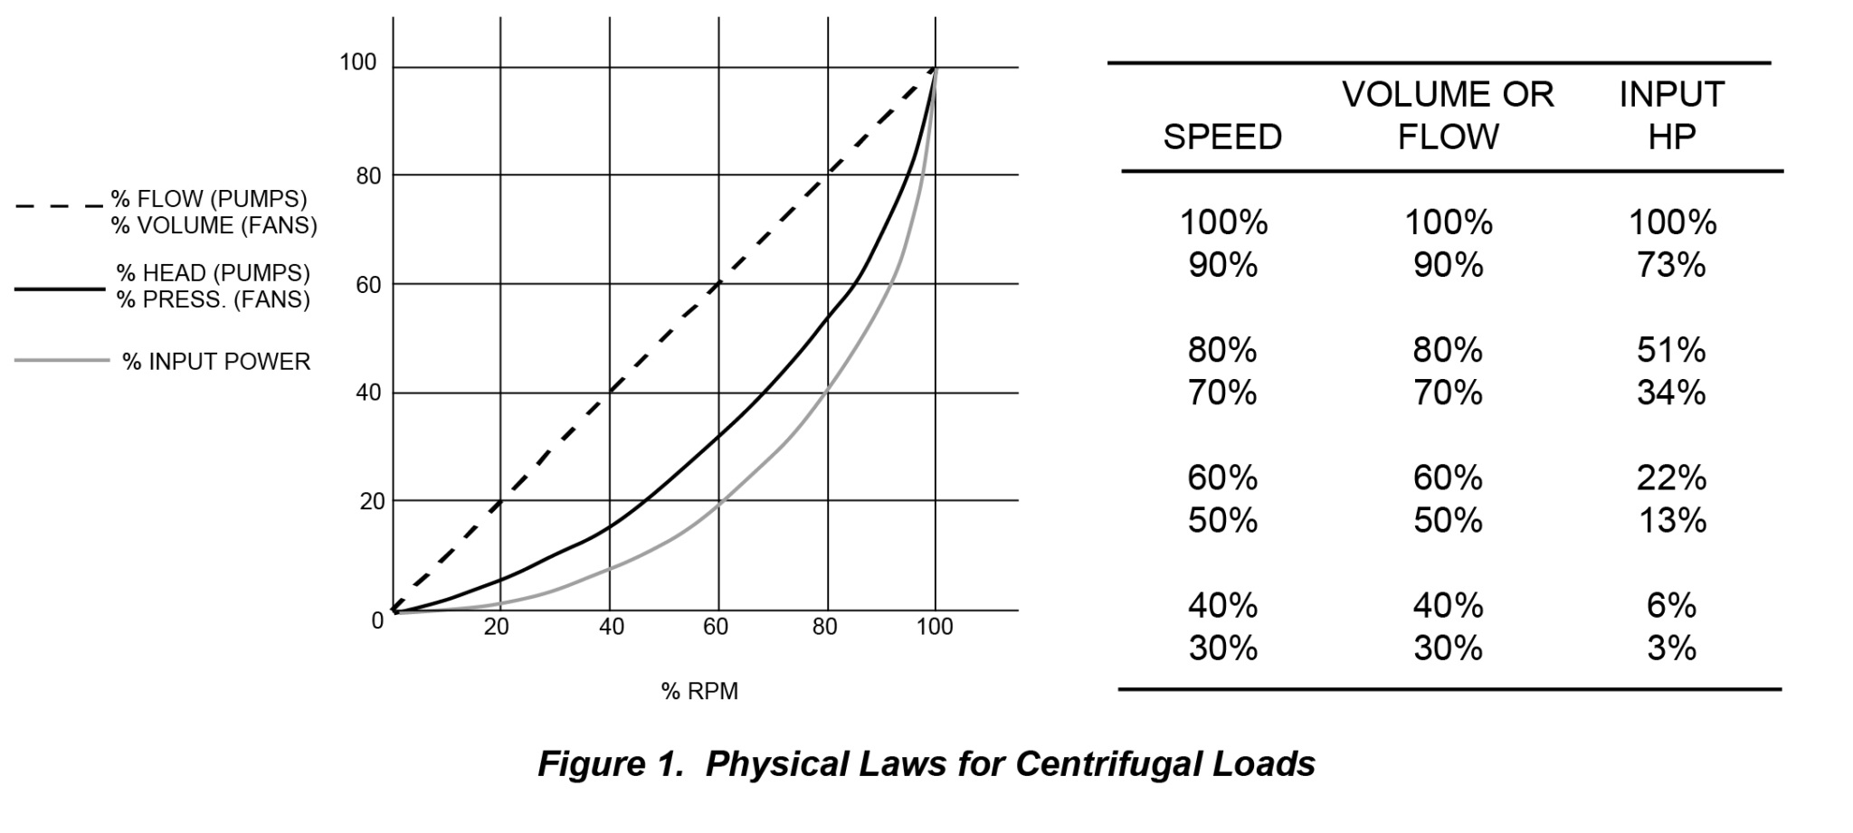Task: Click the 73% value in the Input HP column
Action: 1671,265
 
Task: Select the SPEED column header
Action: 1222,137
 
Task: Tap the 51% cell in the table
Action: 1671,350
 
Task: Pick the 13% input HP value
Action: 1672,520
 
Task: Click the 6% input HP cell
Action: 1671,605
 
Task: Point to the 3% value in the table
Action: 1671,648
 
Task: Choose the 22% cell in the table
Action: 1671,478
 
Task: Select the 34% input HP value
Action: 1671,393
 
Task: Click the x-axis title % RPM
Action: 699,691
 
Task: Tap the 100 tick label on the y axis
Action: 357,62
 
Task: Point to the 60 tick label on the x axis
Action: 716,627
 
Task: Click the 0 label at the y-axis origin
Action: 377,621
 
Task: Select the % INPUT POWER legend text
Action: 216,362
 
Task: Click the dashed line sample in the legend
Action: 59,206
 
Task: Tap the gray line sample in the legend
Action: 62,361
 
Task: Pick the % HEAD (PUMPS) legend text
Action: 213,273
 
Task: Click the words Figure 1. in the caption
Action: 610,764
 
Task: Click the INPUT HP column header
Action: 1672,115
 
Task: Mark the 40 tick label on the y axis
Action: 368,393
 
